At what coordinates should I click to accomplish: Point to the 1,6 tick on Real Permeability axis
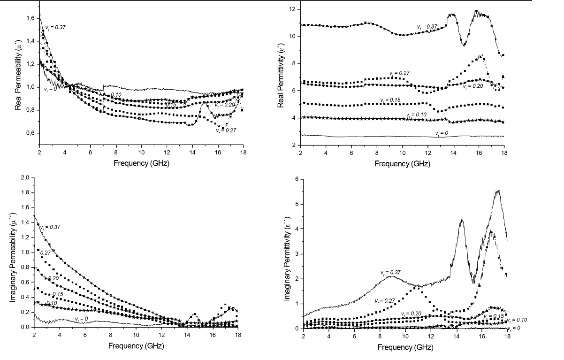29,18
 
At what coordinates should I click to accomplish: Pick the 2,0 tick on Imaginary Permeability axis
24,177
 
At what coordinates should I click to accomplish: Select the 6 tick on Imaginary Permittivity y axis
296,179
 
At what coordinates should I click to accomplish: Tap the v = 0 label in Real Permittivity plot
442,133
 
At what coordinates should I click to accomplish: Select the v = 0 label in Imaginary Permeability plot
81,319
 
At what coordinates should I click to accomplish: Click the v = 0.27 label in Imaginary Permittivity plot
385,300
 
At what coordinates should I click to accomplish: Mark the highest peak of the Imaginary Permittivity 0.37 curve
498,191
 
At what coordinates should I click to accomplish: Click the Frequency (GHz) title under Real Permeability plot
141,163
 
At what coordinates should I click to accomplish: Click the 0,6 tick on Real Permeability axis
29,133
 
